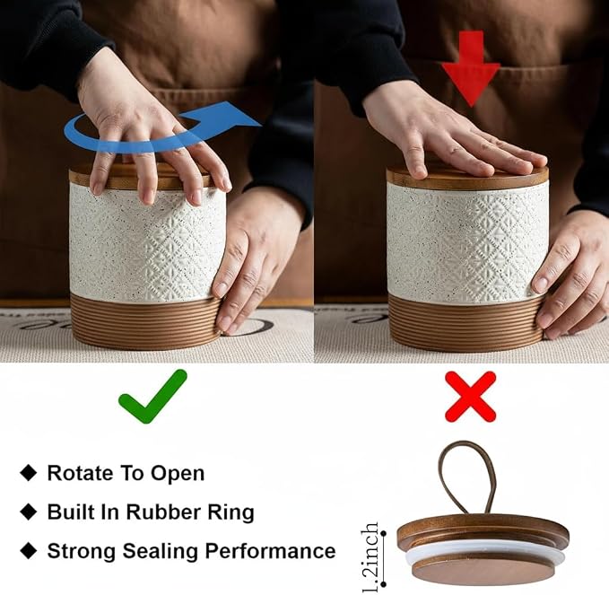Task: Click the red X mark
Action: point(470,397)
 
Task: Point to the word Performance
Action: point(270,551)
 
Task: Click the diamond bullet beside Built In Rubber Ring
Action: point(29,512)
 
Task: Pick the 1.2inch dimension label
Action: point(370,556)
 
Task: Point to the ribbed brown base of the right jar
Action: point(465,322)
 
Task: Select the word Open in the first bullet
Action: point(177,474)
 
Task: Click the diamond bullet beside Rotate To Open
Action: point(29,473)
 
